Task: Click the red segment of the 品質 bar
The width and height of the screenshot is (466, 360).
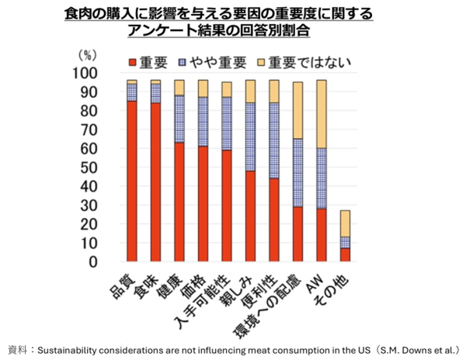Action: click(x=132, y=182)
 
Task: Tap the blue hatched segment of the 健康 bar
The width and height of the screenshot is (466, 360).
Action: click(x=179, y=120)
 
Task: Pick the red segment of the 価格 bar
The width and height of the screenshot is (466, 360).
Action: click(x=203, y=204)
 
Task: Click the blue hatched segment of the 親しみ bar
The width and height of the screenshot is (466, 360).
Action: click(x=250, y=137)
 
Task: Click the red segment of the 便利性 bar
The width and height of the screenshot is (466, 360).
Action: click(x=273, y=220)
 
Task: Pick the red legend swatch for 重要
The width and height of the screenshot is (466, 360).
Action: click(x=133, y=61)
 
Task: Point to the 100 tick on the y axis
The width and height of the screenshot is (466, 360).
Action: click(x=102, y=73)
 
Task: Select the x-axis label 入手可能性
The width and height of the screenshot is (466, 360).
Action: click(x=208, y=299)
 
